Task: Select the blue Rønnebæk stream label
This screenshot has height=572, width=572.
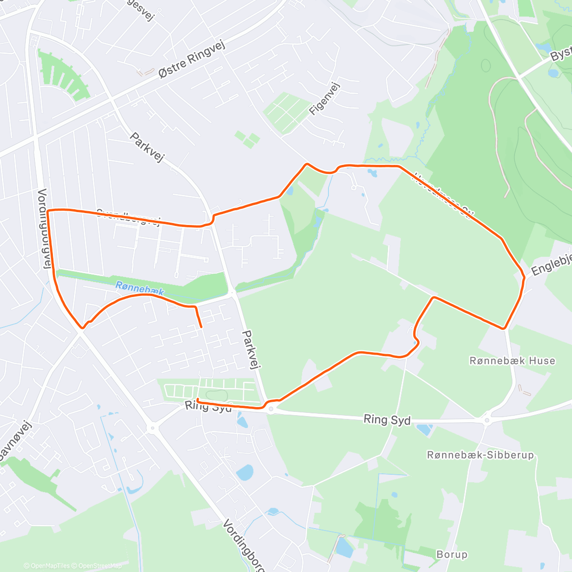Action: point(140,288)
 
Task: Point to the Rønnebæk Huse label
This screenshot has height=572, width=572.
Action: point(512,361)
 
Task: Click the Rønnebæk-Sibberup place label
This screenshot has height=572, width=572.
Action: point(480,455)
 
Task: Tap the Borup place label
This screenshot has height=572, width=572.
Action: point(452,554)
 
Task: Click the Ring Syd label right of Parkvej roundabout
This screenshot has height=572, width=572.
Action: point(387,419)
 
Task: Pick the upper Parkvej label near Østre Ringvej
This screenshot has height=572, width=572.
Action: point(147,147)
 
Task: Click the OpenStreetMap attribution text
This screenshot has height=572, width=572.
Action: point(100,566)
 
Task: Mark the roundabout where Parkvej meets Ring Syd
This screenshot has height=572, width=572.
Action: point(271,409)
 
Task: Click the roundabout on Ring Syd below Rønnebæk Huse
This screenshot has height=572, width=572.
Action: point(487,420)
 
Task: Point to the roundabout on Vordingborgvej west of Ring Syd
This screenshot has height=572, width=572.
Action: point(153,428)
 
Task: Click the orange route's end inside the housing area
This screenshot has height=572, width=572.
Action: point(201,327)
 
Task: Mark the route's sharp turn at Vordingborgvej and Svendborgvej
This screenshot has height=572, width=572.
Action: point(48,210)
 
